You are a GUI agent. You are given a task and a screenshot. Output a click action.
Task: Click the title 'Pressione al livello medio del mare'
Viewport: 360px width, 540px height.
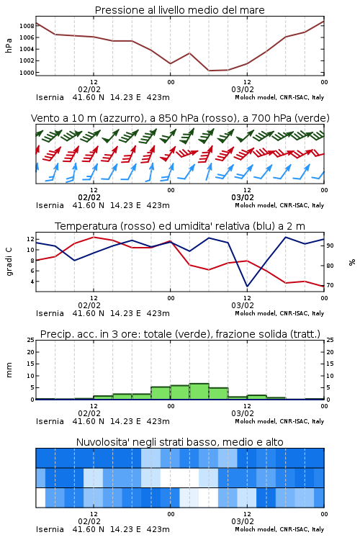pos(179,10)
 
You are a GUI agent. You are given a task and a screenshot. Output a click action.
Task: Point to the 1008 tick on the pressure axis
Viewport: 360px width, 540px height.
pos(27,26)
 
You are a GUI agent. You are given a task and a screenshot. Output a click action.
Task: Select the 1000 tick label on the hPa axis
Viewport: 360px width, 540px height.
pos(27,73)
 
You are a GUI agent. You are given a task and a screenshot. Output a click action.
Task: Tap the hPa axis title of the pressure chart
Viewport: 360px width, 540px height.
pos(9,45)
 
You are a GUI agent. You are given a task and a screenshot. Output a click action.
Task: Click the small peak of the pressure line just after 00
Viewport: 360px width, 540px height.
pos(189,53)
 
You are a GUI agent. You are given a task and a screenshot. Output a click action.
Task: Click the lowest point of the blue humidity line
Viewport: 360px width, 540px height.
pos(247,286)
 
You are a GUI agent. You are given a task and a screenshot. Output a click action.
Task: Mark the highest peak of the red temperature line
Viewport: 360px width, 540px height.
pos(94,237)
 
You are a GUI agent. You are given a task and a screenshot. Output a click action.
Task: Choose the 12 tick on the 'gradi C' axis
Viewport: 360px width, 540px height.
pos(30,239)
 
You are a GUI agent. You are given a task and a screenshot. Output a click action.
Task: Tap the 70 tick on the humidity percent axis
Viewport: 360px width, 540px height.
pos(330,286)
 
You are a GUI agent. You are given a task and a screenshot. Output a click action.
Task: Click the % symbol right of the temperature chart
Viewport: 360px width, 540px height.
pos(352,262)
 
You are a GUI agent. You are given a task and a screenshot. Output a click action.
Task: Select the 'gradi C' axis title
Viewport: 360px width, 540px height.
pos(9,261)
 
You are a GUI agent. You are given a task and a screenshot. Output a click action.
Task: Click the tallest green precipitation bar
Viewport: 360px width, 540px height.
pos(199,391)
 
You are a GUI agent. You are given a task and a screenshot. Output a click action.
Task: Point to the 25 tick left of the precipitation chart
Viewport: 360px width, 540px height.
pos(31,341)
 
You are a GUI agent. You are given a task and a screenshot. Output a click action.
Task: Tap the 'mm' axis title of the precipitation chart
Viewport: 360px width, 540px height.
pos(9,370)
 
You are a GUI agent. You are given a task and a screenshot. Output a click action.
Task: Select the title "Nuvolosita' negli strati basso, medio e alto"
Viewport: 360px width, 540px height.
pos(179,442)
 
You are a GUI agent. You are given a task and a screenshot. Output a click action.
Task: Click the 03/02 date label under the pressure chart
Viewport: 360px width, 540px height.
pos(243,89)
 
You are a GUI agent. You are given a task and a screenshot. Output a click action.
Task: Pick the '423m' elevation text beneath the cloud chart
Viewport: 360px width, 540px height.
pos(158,529)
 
